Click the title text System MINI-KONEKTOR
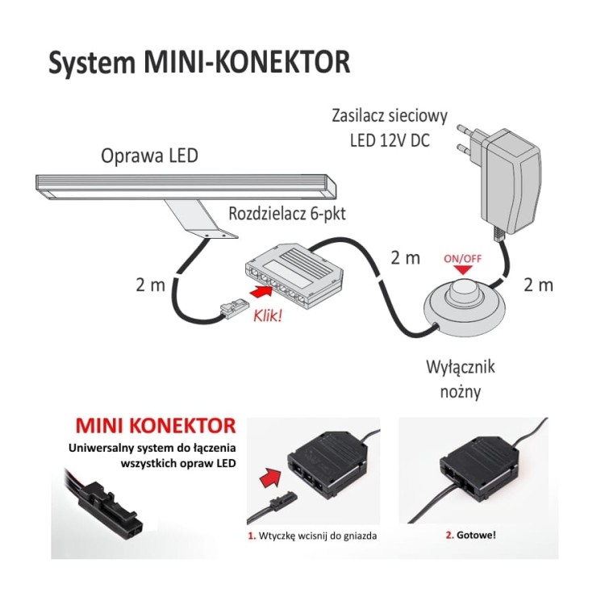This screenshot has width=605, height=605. point(199,62)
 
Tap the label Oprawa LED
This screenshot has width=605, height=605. point(149,156)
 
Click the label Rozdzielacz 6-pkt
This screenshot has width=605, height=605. point(287,214)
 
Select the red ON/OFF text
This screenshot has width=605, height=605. point(463,258)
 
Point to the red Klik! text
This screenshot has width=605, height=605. point(267,316)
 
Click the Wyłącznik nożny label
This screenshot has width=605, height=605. point(461,379)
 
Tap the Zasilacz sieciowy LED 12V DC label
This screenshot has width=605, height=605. point(390,127)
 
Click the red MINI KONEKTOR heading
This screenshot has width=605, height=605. point(156,426)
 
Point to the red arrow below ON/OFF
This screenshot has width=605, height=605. point(463,269)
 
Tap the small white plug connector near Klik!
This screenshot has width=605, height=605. point(232,310)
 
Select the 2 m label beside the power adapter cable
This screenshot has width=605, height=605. point(538,285)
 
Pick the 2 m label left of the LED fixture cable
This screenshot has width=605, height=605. point(151,285)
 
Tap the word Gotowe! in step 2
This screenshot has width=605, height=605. point(476,535)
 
